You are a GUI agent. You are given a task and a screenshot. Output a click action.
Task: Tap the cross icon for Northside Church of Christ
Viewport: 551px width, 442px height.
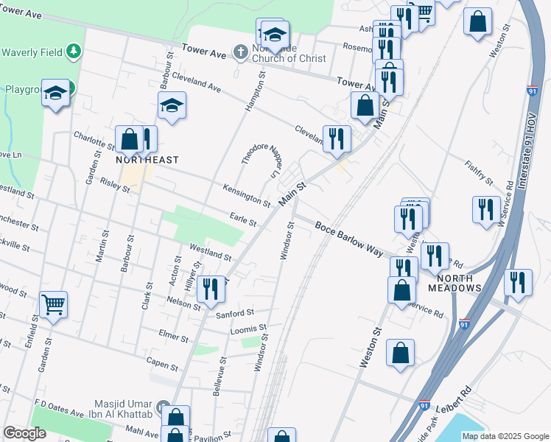[240, 52]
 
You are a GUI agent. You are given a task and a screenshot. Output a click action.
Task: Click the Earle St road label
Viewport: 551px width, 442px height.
[242, 220]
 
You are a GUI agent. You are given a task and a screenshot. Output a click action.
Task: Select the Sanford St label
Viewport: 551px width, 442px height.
[235, 313]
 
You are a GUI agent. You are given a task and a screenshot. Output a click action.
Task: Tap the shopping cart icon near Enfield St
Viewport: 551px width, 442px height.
[54, 303]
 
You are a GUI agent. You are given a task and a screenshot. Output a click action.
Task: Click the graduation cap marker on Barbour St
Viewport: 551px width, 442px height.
[172, 105]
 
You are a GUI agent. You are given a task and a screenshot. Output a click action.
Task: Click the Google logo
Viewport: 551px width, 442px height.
[25, 432]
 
